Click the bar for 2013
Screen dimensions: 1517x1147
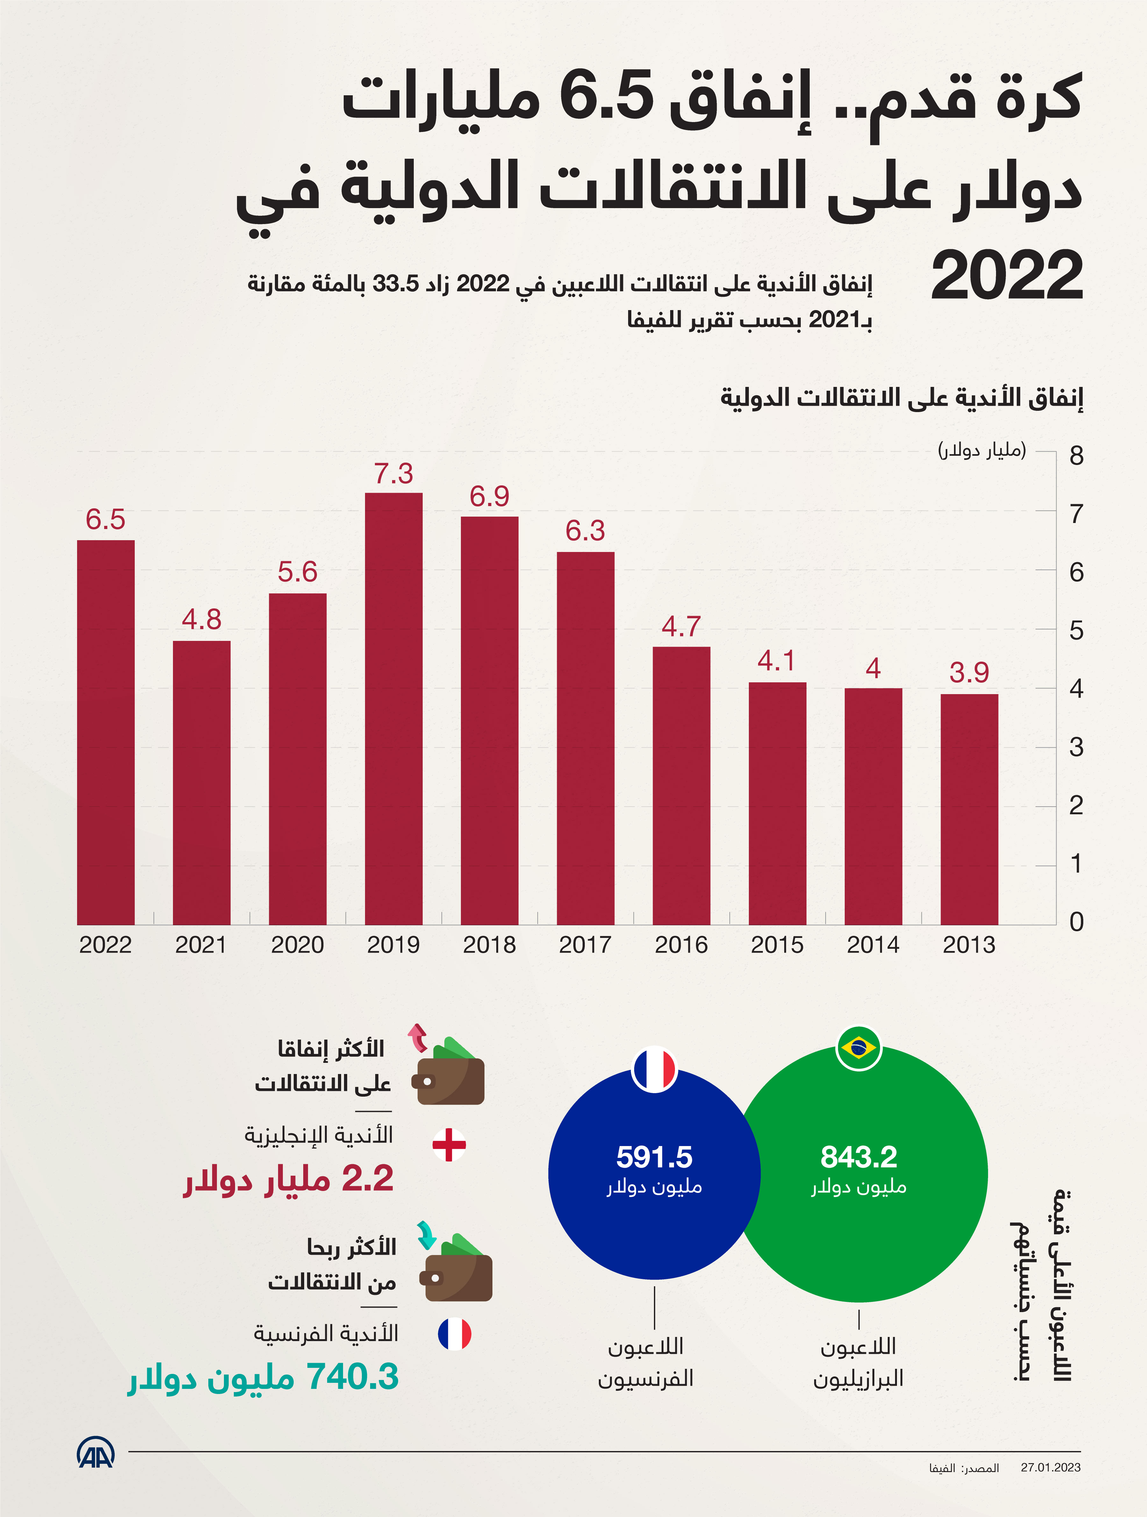click(969, 809)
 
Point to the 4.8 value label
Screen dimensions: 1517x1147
click(202, 619)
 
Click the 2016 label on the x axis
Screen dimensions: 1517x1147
click(681, 945)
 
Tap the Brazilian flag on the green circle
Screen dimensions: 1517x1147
click(858, 1047)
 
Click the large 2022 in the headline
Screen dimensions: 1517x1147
click(1007, 276)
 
